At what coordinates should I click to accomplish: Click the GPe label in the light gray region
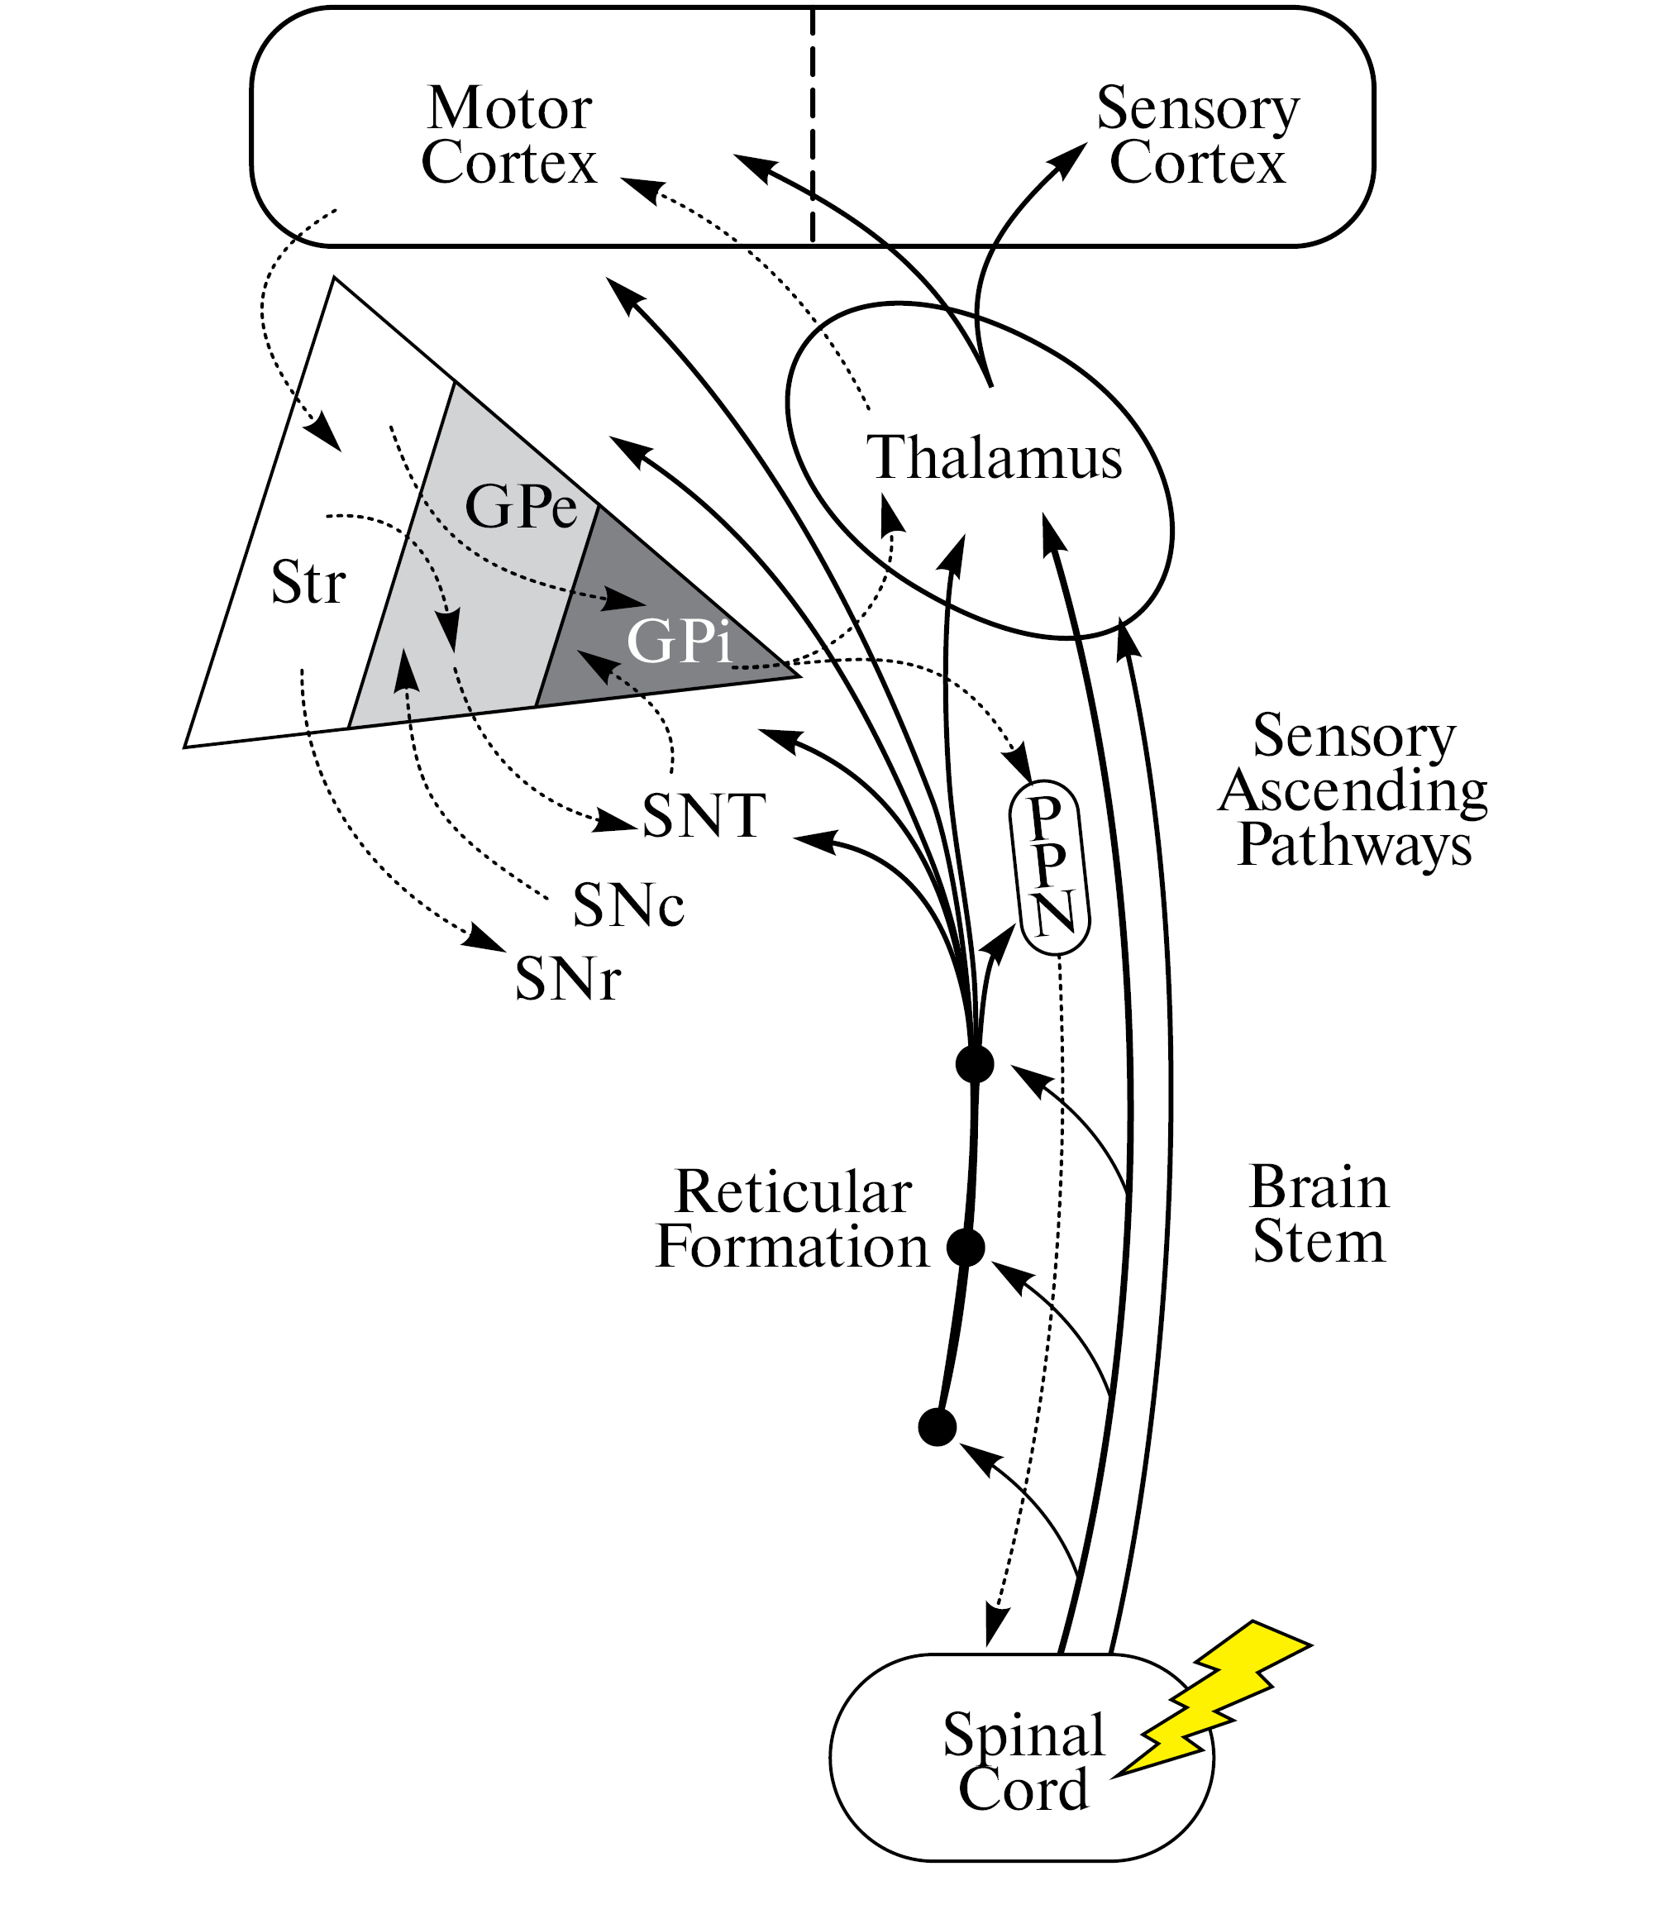(x=521, y=507)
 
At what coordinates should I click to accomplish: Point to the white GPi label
(x=679, y=642)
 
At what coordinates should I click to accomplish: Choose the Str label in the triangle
(x=308, y=583)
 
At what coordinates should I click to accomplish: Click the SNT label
(x=704, y=816)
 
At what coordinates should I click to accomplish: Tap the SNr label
(x=567, y=980)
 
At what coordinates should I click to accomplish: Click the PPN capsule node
(x=1050, y=866)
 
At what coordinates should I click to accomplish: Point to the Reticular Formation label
(x=792, y=1219)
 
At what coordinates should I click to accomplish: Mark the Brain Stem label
(x=1319, y=1215)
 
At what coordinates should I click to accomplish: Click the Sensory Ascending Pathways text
(x=1353, y=790)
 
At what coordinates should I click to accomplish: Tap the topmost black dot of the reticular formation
(x=975, y=1063)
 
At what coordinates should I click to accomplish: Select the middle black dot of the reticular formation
(x=966, y=1247)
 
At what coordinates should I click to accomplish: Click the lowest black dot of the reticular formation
(x=938, y=1427)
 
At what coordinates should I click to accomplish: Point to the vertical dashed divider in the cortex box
(x=813, y=126)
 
